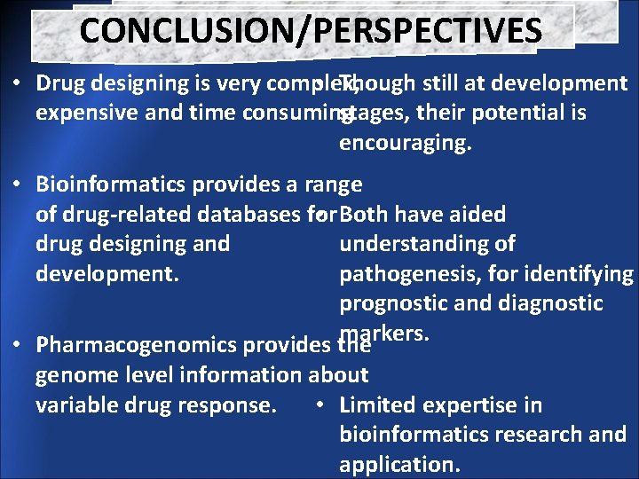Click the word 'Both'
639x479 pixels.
[x=365, y=215]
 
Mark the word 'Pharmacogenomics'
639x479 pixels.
[x=130, y=345]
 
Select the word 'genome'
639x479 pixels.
[x=73, y=375]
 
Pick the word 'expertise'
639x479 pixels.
[x=462, y=405]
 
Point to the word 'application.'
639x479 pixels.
[x=398, y=464]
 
